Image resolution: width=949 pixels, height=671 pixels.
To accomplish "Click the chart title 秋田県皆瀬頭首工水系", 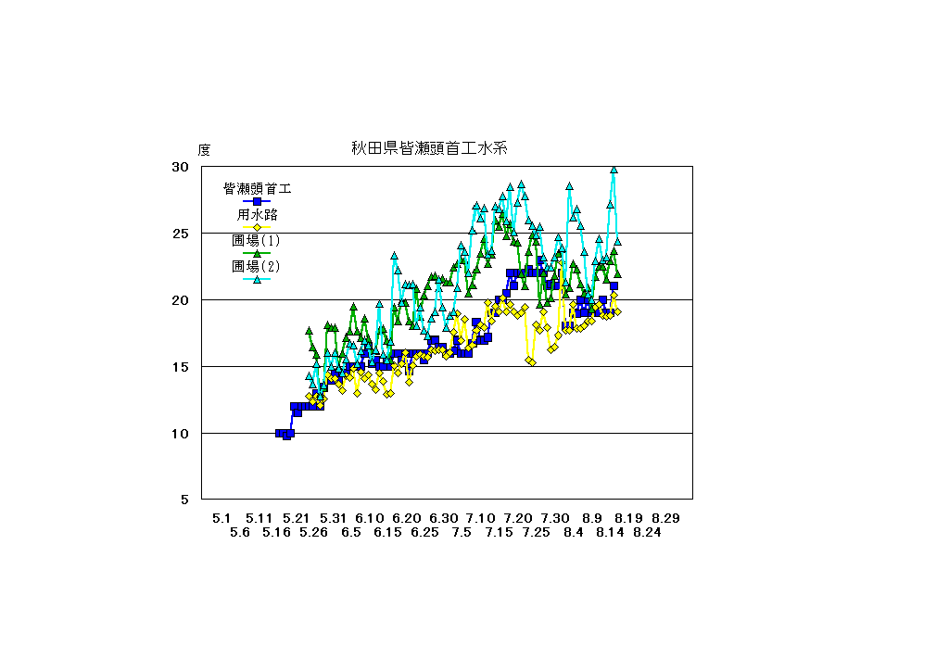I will pos(426,147).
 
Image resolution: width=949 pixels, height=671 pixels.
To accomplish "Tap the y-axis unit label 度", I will pos(204,149).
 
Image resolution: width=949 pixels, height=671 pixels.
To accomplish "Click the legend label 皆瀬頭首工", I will pos(257,189).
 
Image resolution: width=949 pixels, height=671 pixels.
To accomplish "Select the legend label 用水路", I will pos(257,215).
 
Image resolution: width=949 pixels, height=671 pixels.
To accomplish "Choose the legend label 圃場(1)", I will pos(257,241).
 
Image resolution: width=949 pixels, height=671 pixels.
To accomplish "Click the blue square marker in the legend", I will pos(257,201).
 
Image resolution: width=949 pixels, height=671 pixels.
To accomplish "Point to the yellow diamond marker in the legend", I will pos(257,227).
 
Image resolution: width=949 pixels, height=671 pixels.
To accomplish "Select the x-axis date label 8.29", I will pos(665,518).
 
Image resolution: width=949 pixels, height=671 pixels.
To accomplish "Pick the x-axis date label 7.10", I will pos(480,518).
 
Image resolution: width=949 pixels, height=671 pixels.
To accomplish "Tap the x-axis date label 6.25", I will pos(424,533).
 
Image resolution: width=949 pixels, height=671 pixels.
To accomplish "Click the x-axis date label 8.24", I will pos(647,533).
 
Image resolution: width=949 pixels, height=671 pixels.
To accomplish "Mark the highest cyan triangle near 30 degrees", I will pos(614,170).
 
